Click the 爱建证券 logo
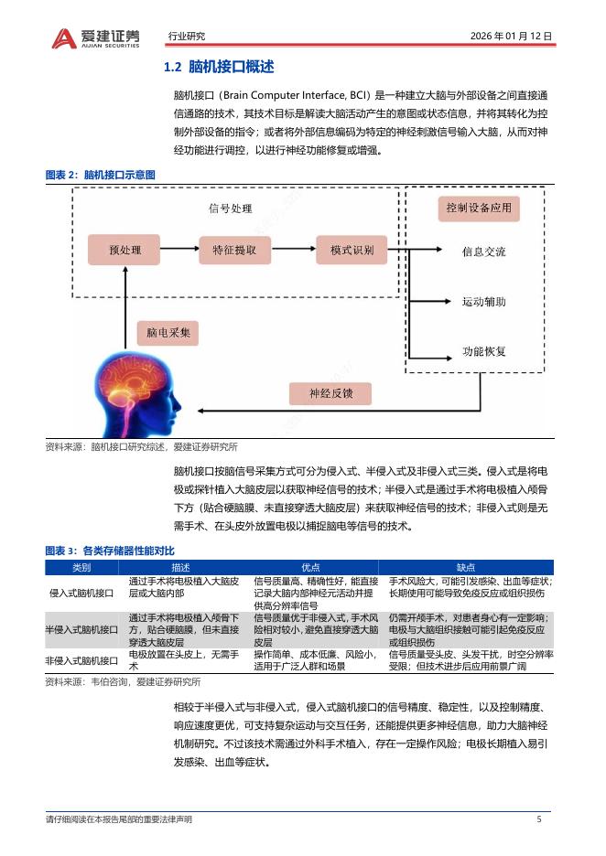(x=96, y=37)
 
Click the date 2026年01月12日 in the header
(x=511, y=37)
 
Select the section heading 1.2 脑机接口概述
(x=218, y=68)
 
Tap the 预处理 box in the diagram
(x=124, y=249)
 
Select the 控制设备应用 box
(x=479, y=209)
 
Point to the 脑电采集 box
(x=168, y=333)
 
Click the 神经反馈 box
(x=330, y=394)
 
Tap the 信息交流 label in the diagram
(x=483, y=251)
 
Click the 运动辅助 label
(x=483, y=302)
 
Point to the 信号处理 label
(x=230, y=209)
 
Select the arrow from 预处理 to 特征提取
(x=179, y=249)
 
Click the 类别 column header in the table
(x=82, y=567)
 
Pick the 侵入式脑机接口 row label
(x=82, y=593)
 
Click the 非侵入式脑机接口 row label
(x=82, y=659)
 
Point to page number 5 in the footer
(x=539, y=819)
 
